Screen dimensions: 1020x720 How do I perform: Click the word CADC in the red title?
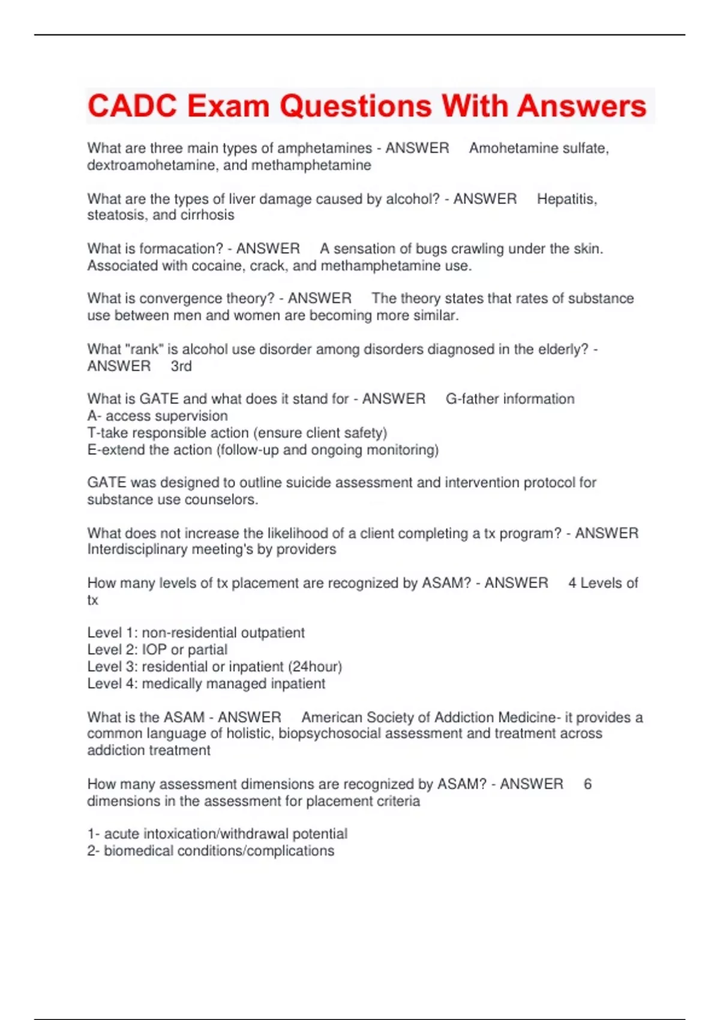132,106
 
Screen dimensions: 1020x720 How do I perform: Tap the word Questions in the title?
355,106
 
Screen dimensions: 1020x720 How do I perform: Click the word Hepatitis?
566,199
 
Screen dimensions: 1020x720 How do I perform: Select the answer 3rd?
181,366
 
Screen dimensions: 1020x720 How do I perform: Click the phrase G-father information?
510,399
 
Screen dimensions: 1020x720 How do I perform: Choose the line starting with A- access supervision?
157,416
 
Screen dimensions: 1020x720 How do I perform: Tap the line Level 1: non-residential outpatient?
196,632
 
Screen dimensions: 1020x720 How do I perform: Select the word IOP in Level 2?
154,649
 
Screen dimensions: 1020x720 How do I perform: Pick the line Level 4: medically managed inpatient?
206,683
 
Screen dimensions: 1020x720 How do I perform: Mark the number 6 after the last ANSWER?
587,784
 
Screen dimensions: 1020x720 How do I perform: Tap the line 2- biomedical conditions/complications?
211,851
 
